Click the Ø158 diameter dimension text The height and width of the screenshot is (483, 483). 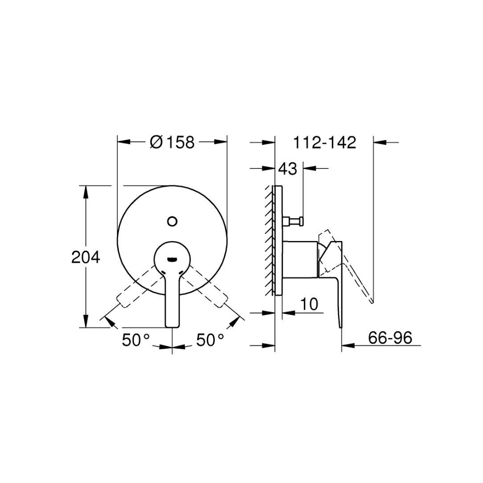172,142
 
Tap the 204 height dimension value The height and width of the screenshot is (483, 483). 85,257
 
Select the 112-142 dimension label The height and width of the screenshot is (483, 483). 325,142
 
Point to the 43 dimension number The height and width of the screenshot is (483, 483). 287,169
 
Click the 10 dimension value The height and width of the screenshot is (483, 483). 309,304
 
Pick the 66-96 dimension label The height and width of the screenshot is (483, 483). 390,338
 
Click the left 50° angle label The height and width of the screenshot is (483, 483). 136,340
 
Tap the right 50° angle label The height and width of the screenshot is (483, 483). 211,340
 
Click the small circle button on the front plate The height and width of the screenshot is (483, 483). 172,221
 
